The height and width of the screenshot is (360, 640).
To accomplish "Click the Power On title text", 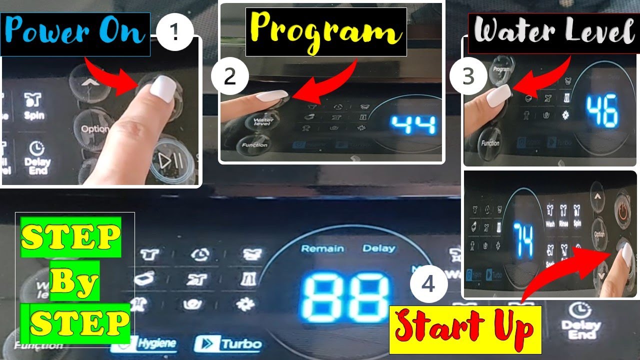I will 75,33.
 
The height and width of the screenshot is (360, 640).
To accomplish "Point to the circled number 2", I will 229,77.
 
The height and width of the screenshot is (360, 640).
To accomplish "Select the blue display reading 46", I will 602,110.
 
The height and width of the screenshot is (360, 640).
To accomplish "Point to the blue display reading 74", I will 523,240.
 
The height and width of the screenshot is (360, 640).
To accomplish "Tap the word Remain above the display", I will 322,248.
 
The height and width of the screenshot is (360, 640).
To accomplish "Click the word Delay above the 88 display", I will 378,248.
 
